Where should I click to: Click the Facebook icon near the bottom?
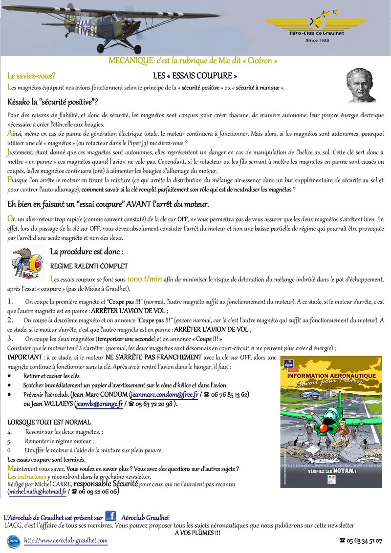110,516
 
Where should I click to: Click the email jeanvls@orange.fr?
99,404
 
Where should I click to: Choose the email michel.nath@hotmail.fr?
38,492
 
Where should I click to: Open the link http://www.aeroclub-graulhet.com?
65,541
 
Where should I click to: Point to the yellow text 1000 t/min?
144,279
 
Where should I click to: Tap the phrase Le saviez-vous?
31,76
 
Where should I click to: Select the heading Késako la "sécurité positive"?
53,102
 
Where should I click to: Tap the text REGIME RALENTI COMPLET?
89,266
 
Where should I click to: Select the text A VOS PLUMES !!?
197,532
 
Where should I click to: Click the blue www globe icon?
14,541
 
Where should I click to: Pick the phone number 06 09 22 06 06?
98,492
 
